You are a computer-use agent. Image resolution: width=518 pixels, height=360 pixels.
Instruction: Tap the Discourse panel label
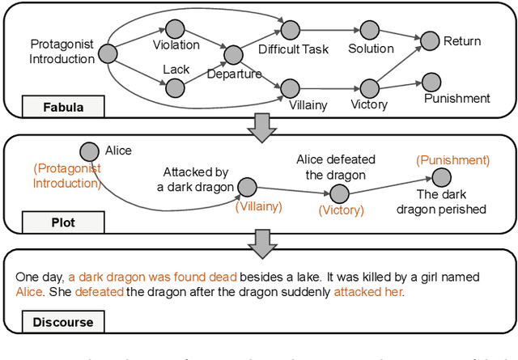pyautogui.click(x=62, y=322)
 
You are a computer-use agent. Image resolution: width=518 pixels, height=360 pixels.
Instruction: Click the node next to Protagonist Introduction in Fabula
pyautogui.click(x=108, y=55)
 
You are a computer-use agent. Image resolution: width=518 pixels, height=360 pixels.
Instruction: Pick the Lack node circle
pyautogui.click(x=170, y=84)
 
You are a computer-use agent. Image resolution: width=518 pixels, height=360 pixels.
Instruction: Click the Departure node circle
pyautogui.click(x=233, y=55)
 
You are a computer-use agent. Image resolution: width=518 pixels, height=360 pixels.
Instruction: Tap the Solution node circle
pyautogui.click(x=370, y=30)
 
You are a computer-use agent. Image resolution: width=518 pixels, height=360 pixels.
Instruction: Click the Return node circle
pyautogui.click(x=430, y=38)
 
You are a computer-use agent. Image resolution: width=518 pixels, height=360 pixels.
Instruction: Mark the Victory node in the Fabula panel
pyautogui.click(x=370, y=86)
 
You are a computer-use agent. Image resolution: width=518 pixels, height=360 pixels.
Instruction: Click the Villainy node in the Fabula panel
pyautogui.click(x=287, y=86)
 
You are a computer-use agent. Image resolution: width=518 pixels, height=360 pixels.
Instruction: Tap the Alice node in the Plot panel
pyautogui.click(x=90, y=151)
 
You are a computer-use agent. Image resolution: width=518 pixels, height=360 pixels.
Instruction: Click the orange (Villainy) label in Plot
pyautogui.click(x=259, y=207)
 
